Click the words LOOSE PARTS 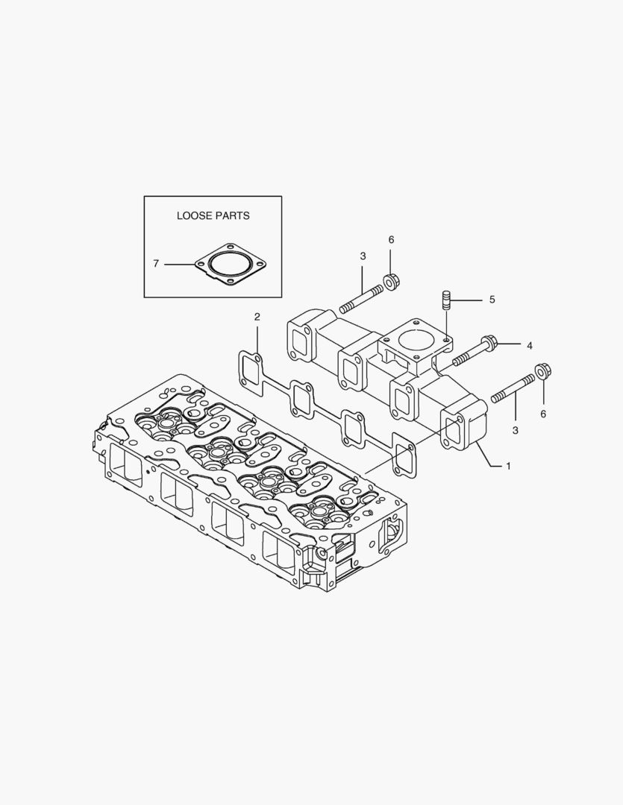coord(213,215)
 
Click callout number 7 coord(156,264)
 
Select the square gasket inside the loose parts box coord(231,265)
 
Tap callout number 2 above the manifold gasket coord(257,317)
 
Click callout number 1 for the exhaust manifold coord(508,466)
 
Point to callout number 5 coord(492,300)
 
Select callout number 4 coord(529,346)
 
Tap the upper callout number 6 coord(391,239)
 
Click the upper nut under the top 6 coord(392,282)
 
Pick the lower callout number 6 coord(543,414)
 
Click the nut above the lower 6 coord(543,371)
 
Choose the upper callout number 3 coord(363,256)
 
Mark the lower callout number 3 coord(515,430)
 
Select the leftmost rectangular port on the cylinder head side coord(125,466)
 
